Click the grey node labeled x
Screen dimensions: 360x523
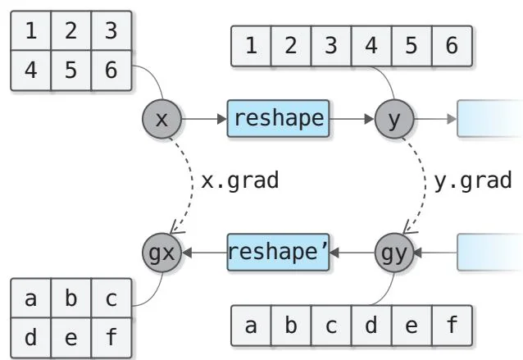pyautogui.click(x=161, y=120)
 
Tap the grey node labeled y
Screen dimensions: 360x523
pyautogui.click(x=394, y=120)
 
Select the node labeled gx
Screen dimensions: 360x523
pyautogui.click(x=161, y=253)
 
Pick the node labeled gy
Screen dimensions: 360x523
pyautogui.click(x=394, y=253)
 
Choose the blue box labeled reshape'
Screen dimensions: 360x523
pyautogui.click(x=277, y=253)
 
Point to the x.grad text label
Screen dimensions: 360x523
pyautogui.click(x=240, y=180)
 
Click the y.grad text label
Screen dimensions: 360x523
pyautogui.click(x=473, y=180)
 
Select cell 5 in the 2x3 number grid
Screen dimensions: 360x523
pyautogui.click(x=70, y=70)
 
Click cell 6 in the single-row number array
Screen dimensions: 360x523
pyautogui.click(x=452, y=46)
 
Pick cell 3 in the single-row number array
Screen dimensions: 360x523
pyautogui.click(x=331, y=46)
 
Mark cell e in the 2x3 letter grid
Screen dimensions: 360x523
pyautogui.click(x=70, y=337)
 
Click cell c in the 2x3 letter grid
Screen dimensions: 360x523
pyautogui.click(x=111, y=299)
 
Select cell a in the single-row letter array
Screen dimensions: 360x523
pyautogui.click(x=251, y=326)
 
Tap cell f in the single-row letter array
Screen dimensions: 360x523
pyautogui.click(x=452, y=326)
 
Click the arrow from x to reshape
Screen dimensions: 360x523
pyautogui.click(x=202, y=120)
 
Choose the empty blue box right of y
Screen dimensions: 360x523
pyautogui.click(x=489, y=120)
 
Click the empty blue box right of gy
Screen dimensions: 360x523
pyautogui.click(x=489, y=253)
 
